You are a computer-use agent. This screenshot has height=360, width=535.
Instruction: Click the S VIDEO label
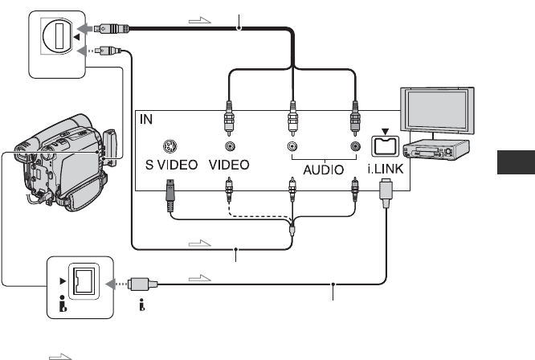pos(171,166)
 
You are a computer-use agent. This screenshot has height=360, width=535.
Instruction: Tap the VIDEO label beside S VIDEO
pos(229,166)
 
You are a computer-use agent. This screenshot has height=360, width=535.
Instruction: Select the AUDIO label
pos(324,170)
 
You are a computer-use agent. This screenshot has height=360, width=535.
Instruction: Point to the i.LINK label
pos(386,169)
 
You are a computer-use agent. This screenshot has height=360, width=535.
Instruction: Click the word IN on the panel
pos(146,119)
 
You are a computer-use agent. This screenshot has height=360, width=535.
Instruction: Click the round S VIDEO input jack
pos(169,146)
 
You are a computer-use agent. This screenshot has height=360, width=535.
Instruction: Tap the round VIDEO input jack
pos(231,146)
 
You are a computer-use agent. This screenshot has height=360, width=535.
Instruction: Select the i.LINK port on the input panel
pos(386,146)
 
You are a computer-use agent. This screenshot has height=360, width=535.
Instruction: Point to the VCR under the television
pos(436,149)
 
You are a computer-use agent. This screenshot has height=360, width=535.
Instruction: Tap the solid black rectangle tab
pos(516,162)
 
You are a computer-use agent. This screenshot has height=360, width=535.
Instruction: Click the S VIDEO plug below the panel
pos(170,194)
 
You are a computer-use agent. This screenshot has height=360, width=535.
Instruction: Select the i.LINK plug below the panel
pos(386,194)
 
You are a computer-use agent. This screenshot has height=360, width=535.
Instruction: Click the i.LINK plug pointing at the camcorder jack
pos(142,284)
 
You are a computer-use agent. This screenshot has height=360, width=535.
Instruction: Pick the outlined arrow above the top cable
pos(200,20)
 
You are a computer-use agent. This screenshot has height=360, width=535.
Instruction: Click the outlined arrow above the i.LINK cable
pos(200,278)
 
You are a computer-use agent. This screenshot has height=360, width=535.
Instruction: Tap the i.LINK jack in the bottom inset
pos(84,281)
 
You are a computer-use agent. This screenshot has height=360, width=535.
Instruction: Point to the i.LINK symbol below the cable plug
pos(142,305)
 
